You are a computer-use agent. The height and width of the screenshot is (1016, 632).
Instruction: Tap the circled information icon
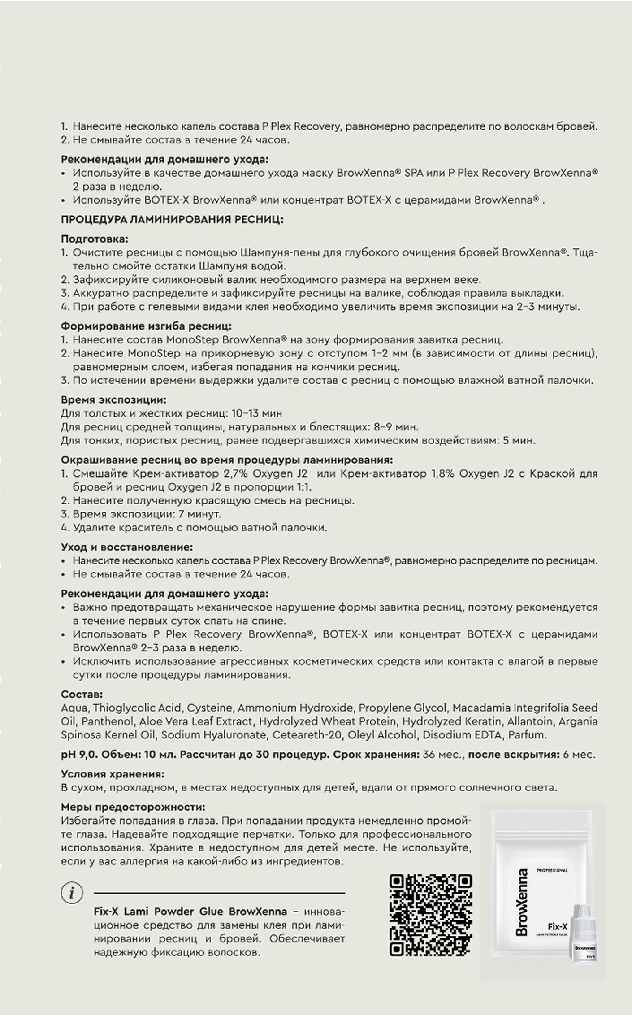[72, 893]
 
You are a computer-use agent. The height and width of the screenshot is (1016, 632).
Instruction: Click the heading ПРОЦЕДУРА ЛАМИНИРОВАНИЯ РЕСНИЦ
[172, 220]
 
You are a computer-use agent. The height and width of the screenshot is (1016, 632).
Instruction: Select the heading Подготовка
[95, 239]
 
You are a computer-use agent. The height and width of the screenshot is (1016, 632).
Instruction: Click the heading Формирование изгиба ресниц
[146, 326]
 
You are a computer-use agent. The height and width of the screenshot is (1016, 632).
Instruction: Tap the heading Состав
[82, 695]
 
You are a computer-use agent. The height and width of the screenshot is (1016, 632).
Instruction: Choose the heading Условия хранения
[113, 774]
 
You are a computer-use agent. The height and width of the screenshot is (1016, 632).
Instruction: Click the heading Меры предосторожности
[133, 807]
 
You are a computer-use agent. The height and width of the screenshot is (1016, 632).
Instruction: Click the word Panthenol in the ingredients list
[112, 721]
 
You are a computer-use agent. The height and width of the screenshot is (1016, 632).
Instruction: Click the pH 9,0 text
[78, 755]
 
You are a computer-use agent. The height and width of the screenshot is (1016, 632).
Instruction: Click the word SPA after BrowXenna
[413, 173]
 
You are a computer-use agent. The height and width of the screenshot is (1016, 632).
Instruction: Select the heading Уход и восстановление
[127, 547]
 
